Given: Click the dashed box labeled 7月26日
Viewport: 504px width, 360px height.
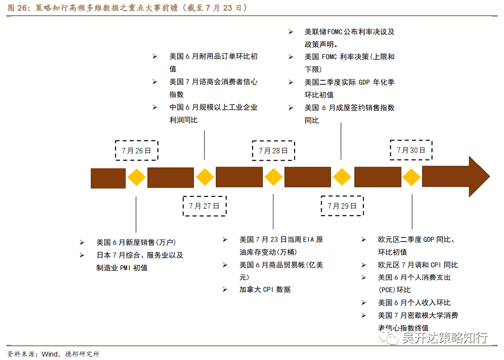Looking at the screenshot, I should pos(137,150).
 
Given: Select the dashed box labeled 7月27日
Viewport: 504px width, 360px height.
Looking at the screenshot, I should pos(204,206).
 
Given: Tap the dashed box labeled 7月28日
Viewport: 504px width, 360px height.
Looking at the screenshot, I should pos(274,150).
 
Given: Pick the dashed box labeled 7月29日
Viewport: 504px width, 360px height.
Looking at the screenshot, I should pos(342,206).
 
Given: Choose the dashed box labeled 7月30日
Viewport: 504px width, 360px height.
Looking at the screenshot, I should pos(411,150).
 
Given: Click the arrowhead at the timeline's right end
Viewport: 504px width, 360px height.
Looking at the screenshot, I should pos(478,177).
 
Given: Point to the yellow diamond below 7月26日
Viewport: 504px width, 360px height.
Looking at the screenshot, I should pos(136,177).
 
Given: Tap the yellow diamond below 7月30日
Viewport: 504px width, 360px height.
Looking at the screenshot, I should pos(411,177).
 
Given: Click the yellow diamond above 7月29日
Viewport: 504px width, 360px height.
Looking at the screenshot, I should pos(342,177).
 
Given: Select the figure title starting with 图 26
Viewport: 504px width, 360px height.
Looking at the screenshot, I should pos(127,8).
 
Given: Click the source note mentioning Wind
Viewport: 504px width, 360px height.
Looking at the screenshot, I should pos(53,354).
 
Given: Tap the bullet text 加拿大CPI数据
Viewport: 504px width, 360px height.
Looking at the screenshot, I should pos(265,289).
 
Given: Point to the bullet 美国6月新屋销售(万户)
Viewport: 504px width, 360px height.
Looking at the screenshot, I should pos(136,242).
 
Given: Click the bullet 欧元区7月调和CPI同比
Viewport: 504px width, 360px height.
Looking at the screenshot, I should pos(418,265).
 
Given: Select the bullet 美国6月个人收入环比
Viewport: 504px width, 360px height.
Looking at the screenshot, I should pos(414,303).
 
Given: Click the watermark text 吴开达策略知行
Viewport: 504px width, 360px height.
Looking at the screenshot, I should pos(444,337).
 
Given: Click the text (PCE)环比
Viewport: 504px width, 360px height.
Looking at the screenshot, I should pos(394,290).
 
